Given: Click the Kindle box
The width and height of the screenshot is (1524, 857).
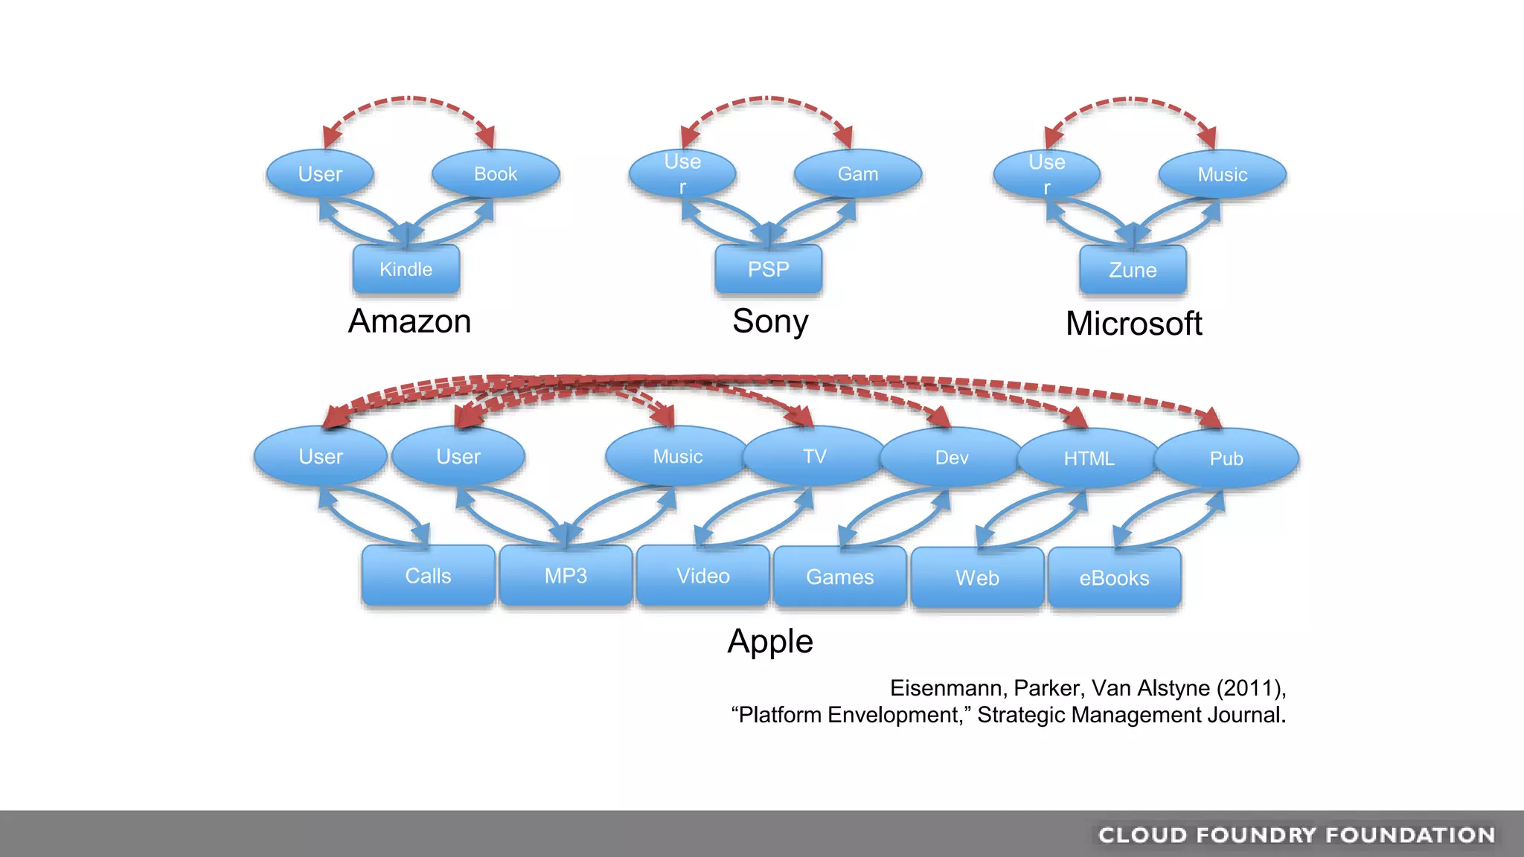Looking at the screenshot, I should [x=406, y=269].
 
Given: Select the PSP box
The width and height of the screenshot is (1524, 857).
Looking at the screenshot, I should [x=769, y=269].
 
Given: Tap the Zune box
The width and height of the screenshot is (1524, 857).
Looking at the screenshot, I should [x=1133, y=270].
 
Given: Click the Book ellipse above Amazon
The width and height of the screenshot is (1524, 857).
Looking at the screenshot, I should [x=496, y=174].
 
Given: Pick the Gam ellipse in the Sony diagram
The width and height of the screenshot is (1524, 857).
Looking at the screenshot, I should [x=858, y=174].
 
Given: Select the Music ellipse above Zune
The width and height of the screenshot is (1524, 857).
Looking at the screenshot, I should [x=1223, y=175].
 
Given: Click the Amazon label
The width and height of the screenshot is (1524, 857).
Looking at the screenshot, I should [x=410, y=321].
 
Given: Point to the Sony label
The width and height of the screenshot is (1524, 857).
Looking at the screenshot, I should [x=770, y=321].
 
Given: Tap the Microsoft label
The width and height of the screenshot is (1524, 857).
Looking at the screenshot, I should [x=1133, y=324].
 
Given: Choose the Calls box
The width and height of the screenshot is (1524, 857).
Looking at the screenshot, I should [x=428, y=576].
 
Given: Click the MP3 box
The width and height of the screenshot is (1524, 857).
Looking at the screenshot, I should [x=566, y=576].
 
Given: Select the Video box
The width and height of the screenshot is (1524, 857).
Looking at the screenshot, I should [x=703, y=576].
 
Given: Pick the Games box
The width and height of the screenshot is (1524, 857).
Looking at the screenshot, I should [x=840, y=577].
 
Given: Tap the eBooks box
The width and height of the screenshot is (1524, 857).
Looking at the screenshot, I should [x=1114, y=578].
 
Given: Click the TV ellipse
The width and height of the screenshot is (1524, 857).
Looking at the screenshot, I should [x=815, y=456].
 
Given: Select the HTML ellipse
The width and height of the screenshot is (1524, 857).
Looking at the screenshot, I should [x=1089, y=458].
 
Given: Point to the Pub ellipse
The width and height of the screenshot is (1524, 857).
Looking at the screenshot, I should [x=1226, y=458].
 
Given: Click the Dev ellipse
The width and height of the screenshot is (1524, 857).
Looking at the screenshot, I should [x=952, y=458].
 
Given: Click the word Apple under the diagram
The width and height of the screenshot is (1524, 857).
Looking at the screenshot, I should [x=770, y=641].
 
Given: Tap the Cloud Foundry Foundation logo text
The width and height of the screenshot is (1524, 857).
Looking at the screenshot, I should [x=1296, y=835].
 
